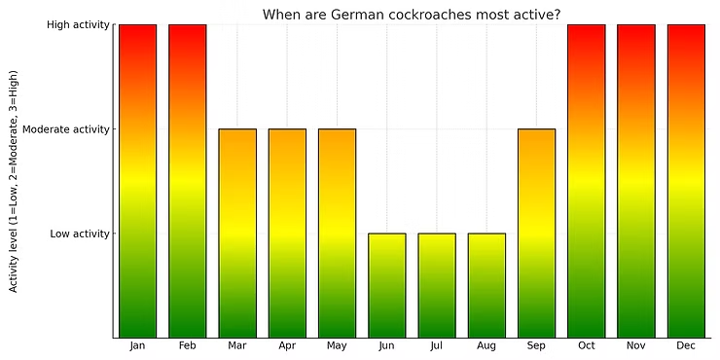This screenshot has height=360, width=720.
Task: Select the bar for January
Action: click(137, 181)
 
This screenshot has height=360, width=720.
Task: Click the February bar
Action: click(187, 181)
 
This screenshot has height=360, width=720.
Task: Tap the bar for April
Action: click(287, 234)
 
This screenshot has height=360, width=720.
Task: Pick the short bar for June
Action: click(386, 285)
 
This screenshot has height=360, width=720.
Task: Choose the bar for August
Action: click(486, 285)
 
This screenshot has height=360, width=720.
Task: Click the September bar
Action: click(536, 234)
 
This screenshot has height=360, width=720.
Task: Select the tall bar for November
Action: click(635, 181)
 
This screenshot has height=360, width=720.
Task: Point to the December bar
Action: click(686, 181)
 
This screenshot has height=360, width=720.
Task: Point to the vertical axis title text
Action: click(14, 181)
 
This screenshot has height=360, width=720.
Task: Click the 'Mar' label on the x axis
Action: click(237, 346)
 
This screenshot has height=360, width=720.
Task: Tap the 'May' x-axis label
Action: click(337, 346)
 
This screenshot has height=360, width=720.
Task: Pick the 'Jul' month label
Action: click(437, 346)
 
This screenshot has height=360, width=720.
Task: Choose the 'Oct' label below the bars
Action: click(586, 346)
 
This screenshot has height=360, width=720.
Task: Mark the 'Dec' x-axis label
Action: click(686, 346)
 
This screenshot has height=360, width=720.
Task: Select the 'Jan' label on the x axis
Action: click(137, 346)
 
